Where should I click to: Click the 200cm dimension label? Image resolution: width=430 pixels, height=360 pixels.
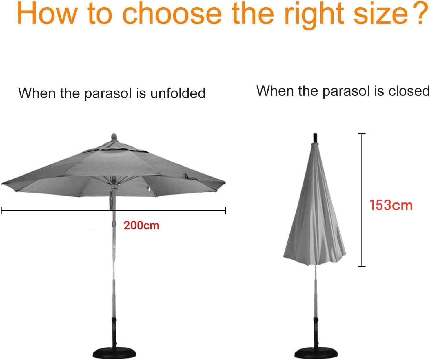(141, 225)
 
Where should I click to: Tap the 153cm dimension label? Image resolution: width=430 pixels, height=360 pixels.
(391, 205)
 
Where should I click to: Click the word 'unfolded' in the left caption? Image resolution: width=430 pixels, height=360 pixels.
(178, 93)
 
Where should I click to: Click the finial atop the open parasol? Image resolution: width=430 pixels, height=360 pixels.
(114, 137)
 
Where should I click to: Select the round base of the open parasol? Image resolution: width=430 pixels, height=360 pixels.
(114, 353)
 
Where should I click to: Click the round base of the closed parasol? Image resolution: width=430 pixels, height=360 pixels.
(315, 354)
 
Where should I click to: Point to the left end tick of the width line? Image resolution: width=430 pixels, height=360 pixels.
(1, 210)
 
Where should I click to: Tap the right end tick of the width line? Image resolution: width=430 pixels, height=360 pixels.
(225, 210)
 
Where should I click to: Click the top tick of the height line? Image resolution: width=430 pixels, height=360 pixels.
(362, 134)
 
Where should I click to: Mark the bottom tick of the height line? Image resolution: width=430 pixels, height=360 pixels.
(362, 266)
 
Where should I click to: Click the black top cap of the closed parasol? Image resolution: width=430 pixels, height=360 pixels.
(315, 138)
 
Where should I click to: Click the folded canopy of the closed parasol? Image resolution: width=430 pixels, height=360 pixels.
(314, 209)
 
